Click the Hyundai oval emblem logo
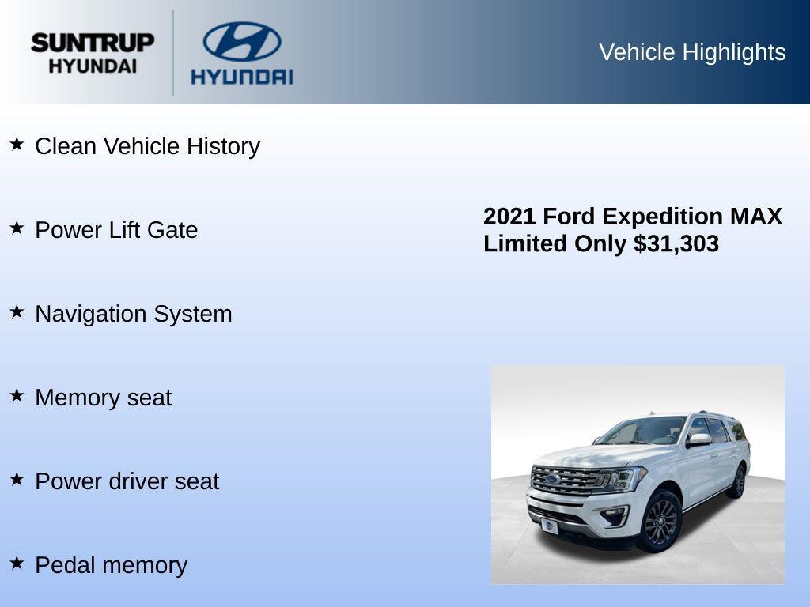click(x=241, y=41)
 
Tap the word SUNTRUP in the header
click(x=93, y=43)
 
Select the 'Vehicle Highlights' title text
click(x=692, y=52)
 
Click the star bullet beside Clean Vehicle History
click(x=17, y=144)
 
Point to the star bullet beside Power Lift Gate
click(x=17, y=228)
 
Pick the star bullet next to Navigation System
click(x=17, y=311)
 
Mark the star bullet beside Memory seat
click(x=17, y=395)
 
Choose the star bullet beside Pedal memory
click(x=17, y=563)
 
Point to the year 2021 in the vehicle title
click(x=509, y=217)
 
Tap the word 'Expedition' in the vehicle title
click(x=662, y=217)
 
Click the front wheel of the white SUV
click(x=660, y=520)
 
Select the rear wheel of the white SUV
click(x=738, y=481)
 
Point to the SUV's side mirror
click(x=699, y=439)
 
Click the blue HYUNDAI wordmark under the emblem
click(x=241, y=77)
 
